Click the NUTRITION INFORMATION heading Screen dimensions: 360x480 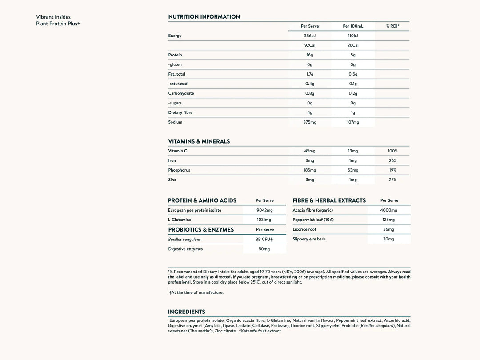[204, 17]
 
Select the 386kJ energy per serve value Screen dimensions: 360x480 [310, 36]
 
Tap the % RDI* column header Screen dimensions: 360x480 [392, 26]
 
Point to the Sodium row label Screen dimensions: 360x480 [175, 122]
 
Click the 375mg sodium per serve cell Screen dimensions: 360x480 [310, 122]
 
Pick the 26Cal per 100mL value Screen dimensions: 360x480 [353, 45]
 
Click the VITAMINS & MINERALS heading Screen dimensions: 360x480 [199, 141]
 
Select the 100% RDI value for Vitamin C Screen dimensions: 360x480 [392, 151]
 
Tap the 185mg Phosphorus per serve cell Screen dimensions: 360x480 [310, 170]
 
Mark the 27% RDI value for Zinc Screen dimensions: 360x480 [392, 180]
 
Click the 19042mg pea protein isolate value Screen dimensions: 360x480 [264, 210]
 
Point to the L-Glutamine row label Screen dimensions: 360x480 [180, 220]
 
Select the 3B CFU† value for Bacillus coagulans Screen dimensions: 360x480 [264, 239]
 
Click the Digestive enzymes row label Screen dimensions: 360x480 [185, 249]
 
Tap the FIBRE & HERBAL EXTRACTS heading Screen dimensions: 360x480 [329, 200]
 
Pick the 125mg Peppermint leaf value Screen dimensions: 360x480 [388, 220]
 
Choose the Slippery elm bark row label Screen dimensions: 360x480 [309, 239]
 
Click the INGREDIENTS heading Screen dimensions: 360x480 [186, 312]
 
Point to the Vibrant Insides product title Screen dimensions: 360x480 [53, 17]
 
